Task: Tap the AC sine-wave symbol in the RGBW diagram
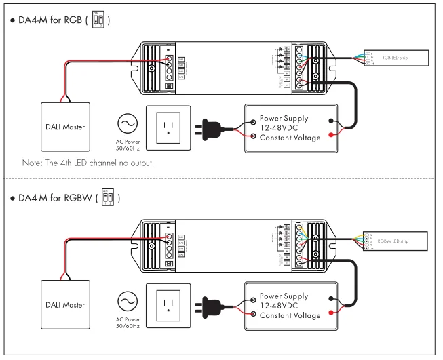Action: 128,300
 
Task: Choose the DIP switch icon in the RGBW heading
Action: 107,197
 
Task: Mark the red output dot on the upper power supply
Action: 330,136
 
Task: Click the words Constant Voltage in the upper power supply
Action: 290,138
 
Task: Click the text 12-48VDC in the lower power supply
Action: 281,306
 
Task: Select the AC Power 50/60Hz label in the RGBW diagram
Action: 128,323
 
